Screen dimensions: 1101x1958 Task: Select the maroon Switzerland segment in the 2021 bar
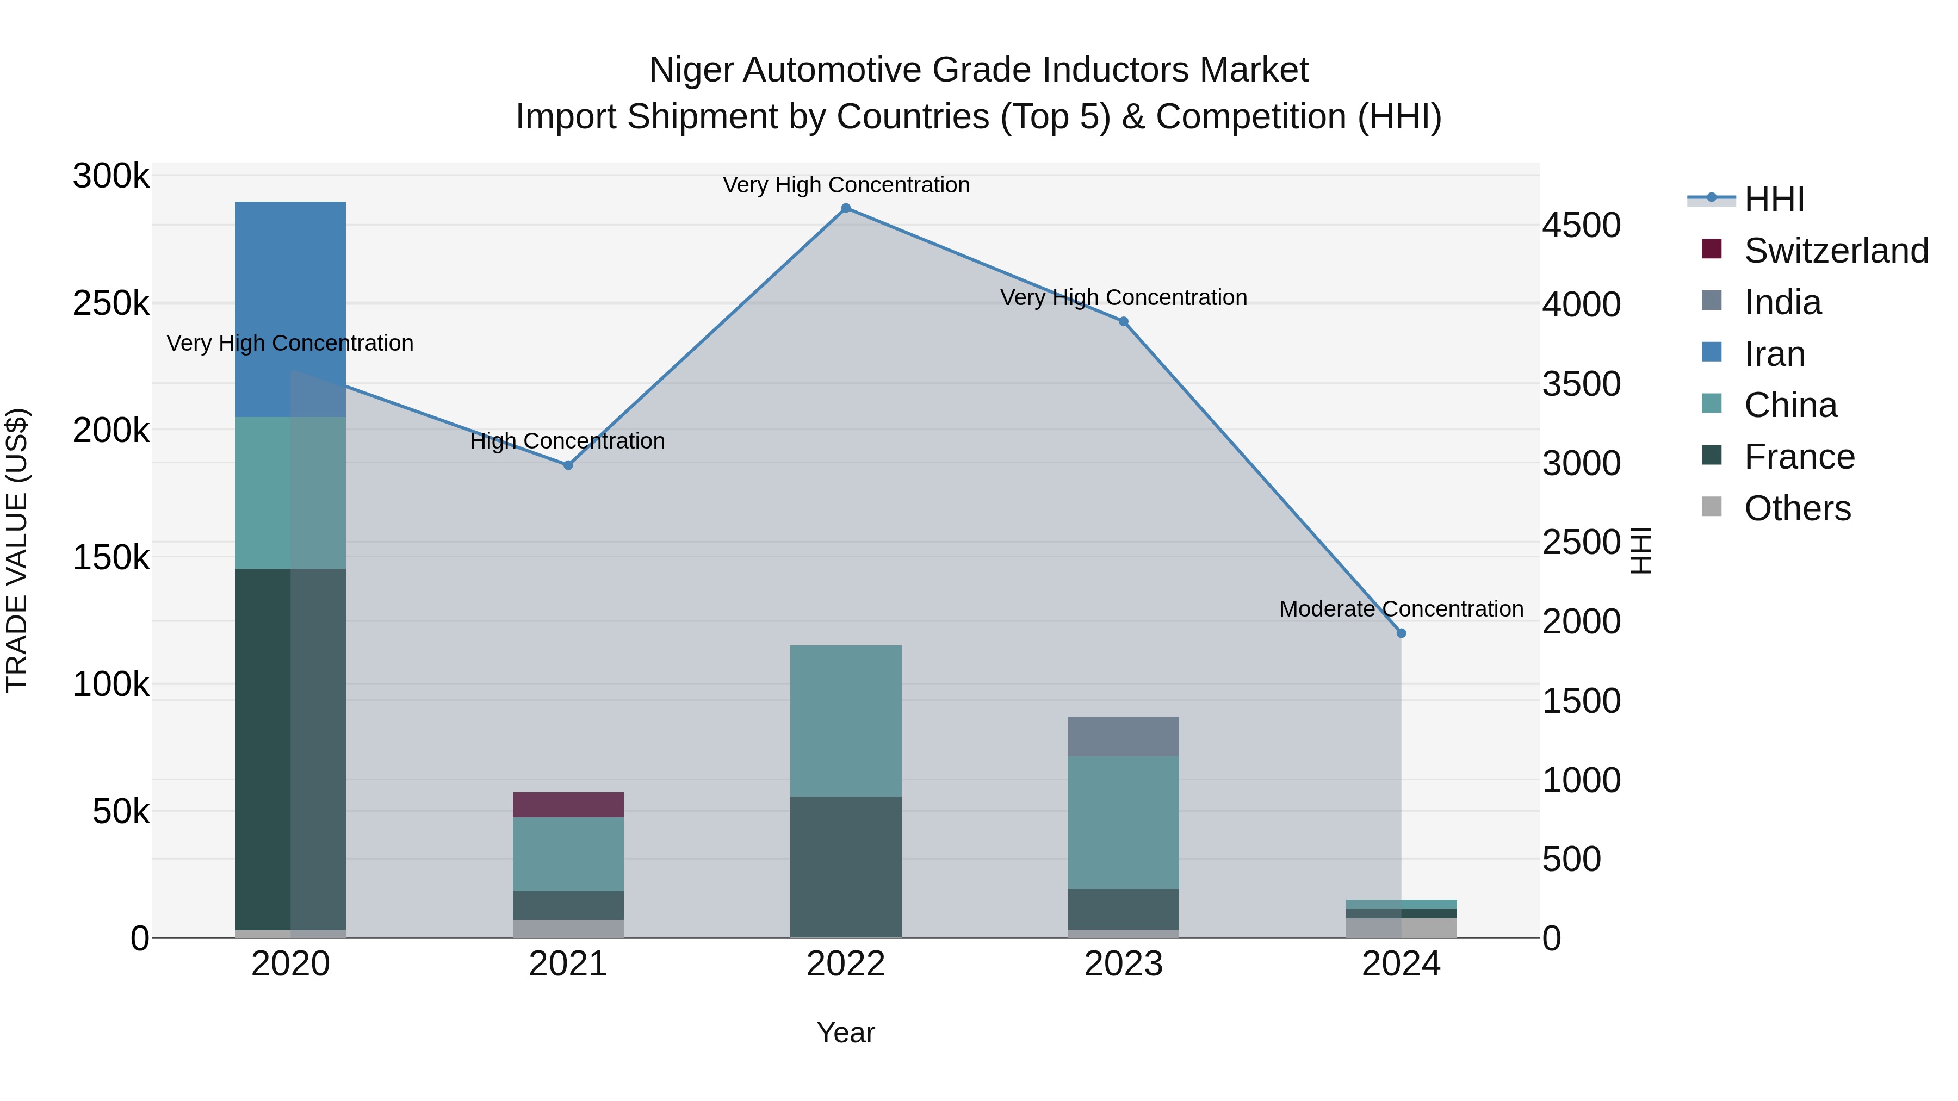click(568, 805)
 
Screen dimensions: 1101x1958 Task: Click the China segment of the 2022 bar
click(845, 720)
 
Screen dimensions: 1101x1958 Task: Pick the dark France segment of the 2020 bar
click(262, 749)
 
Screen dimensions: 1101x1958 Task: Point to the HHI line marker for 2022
click(845, 208)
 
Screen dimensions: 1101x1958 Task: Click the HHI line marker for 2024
click(1401, 633)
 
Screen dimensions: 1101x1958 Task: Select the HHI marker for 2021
click(568, 465)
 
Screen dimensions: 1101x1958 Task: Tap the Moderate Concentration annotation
click(1401, 608)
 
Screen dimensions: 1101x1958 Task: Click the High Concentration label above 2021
click(567, 441)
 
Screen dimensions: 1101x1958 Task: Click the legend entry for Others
click(1797, 508)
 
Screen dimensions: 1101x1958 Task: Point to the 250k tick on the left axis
click(111, 303)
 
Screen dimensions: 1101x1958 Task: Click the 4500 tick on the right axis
click(1581, 225)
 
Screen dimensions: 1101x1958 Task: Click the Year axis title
click(845, 1032)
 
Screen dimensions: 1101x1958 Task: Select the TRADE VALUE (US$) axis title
click(17, 550)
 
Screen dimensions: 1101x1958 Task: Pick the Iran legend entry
click(1774, 354)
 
